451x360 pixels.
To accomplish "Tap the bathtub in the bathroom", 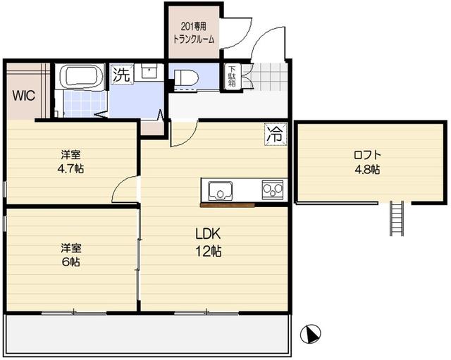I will pyautogui.click(x=80, y=76).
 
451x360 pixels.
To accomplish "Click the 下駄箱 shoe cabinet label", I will pyautogui.click(x=231, y=77).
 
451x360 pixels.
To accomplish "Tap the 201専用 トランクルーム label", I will pyautogui.click(x=194, y=35).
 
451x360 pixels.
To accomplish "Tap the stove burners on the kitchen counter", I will pyautogui.click(x=272, y=190).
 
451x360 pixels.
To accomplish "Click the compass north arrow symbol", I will pyautogui.click(x=313, y=333).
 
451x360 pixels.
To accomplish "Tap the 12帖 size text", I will pyautogui.click(x=209, y=251).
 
